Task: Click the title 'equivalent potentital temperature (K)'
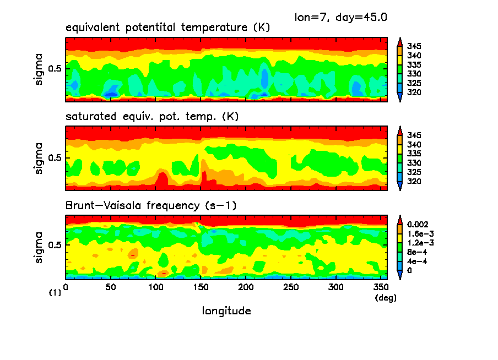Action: point(167,28)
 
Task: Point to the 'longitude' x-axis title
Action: point(226,311)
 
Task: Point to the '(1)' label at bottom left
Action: point(55,293)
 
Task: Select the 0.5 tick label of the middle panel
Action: point(55,158)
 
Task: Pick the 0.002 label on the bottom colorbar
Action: point(417,225)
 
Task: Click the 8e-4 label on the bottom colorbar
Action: point(415,253)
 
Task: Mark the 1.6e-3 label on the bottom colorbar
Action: point(419,234)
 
